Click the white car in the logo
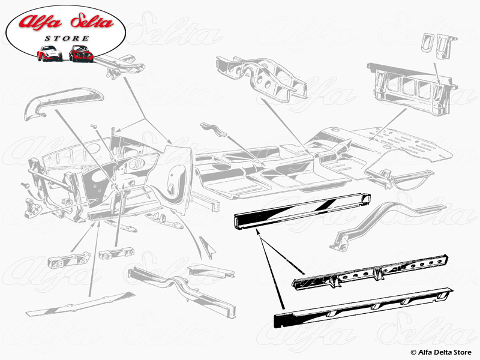click(x=49, y=53)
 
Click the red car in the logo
click(x=81, y=53)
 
